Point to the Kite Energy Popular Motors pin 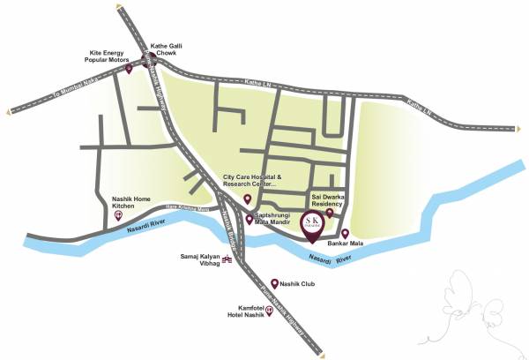pyautogui.click(x=130, y=68)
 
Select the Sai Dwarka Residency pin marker pyautogui.click(x=330, y=213)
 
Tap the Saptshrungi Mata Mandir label pyautogui.click(x=281, y=219)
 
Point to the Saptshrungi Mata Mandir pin pyautogui.click(x=250, y=221)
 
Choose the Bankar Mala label pyautogui.click(x=346, y=243)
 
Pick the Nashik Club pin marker pyautogui.click(x=274, y=282)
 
